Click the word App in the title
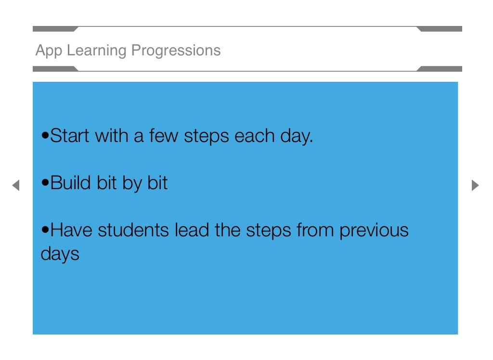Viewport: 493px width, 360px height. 49,51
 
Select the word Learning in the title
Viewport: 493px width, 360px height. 97,51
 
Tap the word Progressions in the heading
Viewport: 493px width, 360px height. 176,51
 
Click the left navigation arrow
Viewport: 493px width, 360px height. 16,185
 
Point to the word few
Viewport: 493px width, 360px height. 164,136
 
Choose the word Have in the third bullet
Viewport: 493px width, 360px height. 71,230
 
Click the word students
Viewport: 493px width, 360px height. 133,230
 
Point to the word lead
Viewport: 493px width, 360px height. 192,230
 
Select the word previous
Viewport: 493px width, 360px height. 374,231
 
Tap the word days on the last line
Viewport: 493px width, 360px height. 60,254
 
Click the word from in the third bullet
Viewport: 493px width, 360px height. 315,230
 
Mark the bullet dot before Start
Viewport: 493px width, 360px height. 45,136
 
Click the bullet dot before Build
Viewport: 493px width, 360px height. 45,182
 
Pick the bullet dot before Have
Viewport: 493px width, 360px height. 45,230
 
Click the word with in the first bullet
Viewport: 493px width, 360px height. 112,136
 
